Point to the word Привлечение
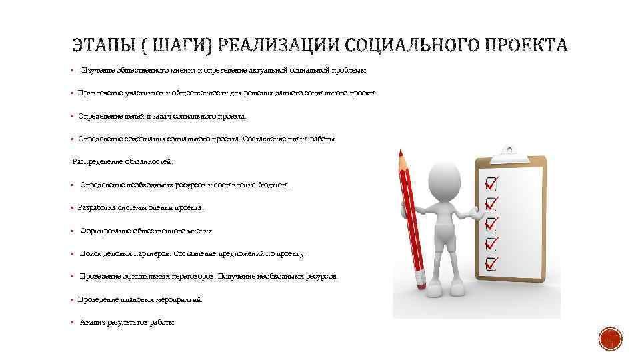point(100,93)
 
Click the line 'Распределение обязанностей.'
point(122,161)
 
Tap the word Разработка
point(97,208)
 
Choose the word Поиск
point(90,254)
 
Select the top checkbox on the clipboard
point(491,182)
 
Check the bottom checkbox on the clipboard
point(492,262)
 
